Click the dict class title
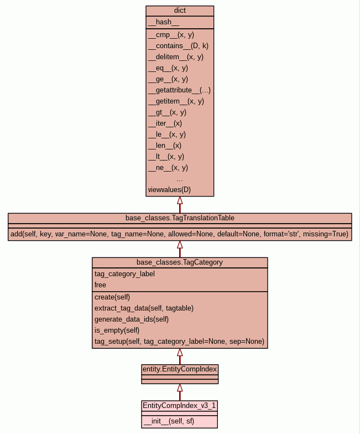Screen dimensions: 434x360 (180, 11)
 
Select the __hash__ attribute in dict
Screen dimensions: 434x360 (164, 22)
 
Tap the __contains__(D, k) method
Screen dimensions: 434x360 (178, 45)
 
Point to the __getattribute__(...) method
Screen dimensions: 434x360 (179, 90)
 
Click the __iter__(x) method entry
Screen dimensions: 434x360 (165, 123)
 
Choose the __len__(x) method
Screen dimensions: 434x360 (165, 145)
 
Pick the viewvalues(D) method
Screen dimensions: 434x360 (169, 190)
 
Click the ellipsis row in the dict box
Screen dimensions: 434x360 (180, 179)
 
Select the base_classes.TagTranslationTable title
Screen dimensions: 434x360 (180, 218)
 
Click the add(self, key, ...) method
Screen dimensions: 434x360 (180, 234)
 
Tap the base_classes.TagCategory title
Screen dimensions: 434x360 (180, 262)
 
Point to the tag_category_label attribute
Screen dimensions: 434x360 (124, 273)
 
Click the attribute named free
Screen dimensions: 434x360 (100, 285)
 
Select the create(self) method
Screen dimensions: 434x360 (112, 297)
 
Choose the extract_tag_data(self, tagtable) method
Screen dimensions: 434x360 (144, 308)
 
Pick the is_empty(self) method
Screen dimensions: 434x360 (117, 330)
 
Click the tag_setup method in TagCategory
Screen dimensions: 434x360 (179, 341)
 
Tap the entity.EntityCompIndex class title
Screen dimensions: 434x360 (180, 369)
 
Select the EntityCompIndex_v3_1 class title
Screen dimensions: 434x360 (180, 406)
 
